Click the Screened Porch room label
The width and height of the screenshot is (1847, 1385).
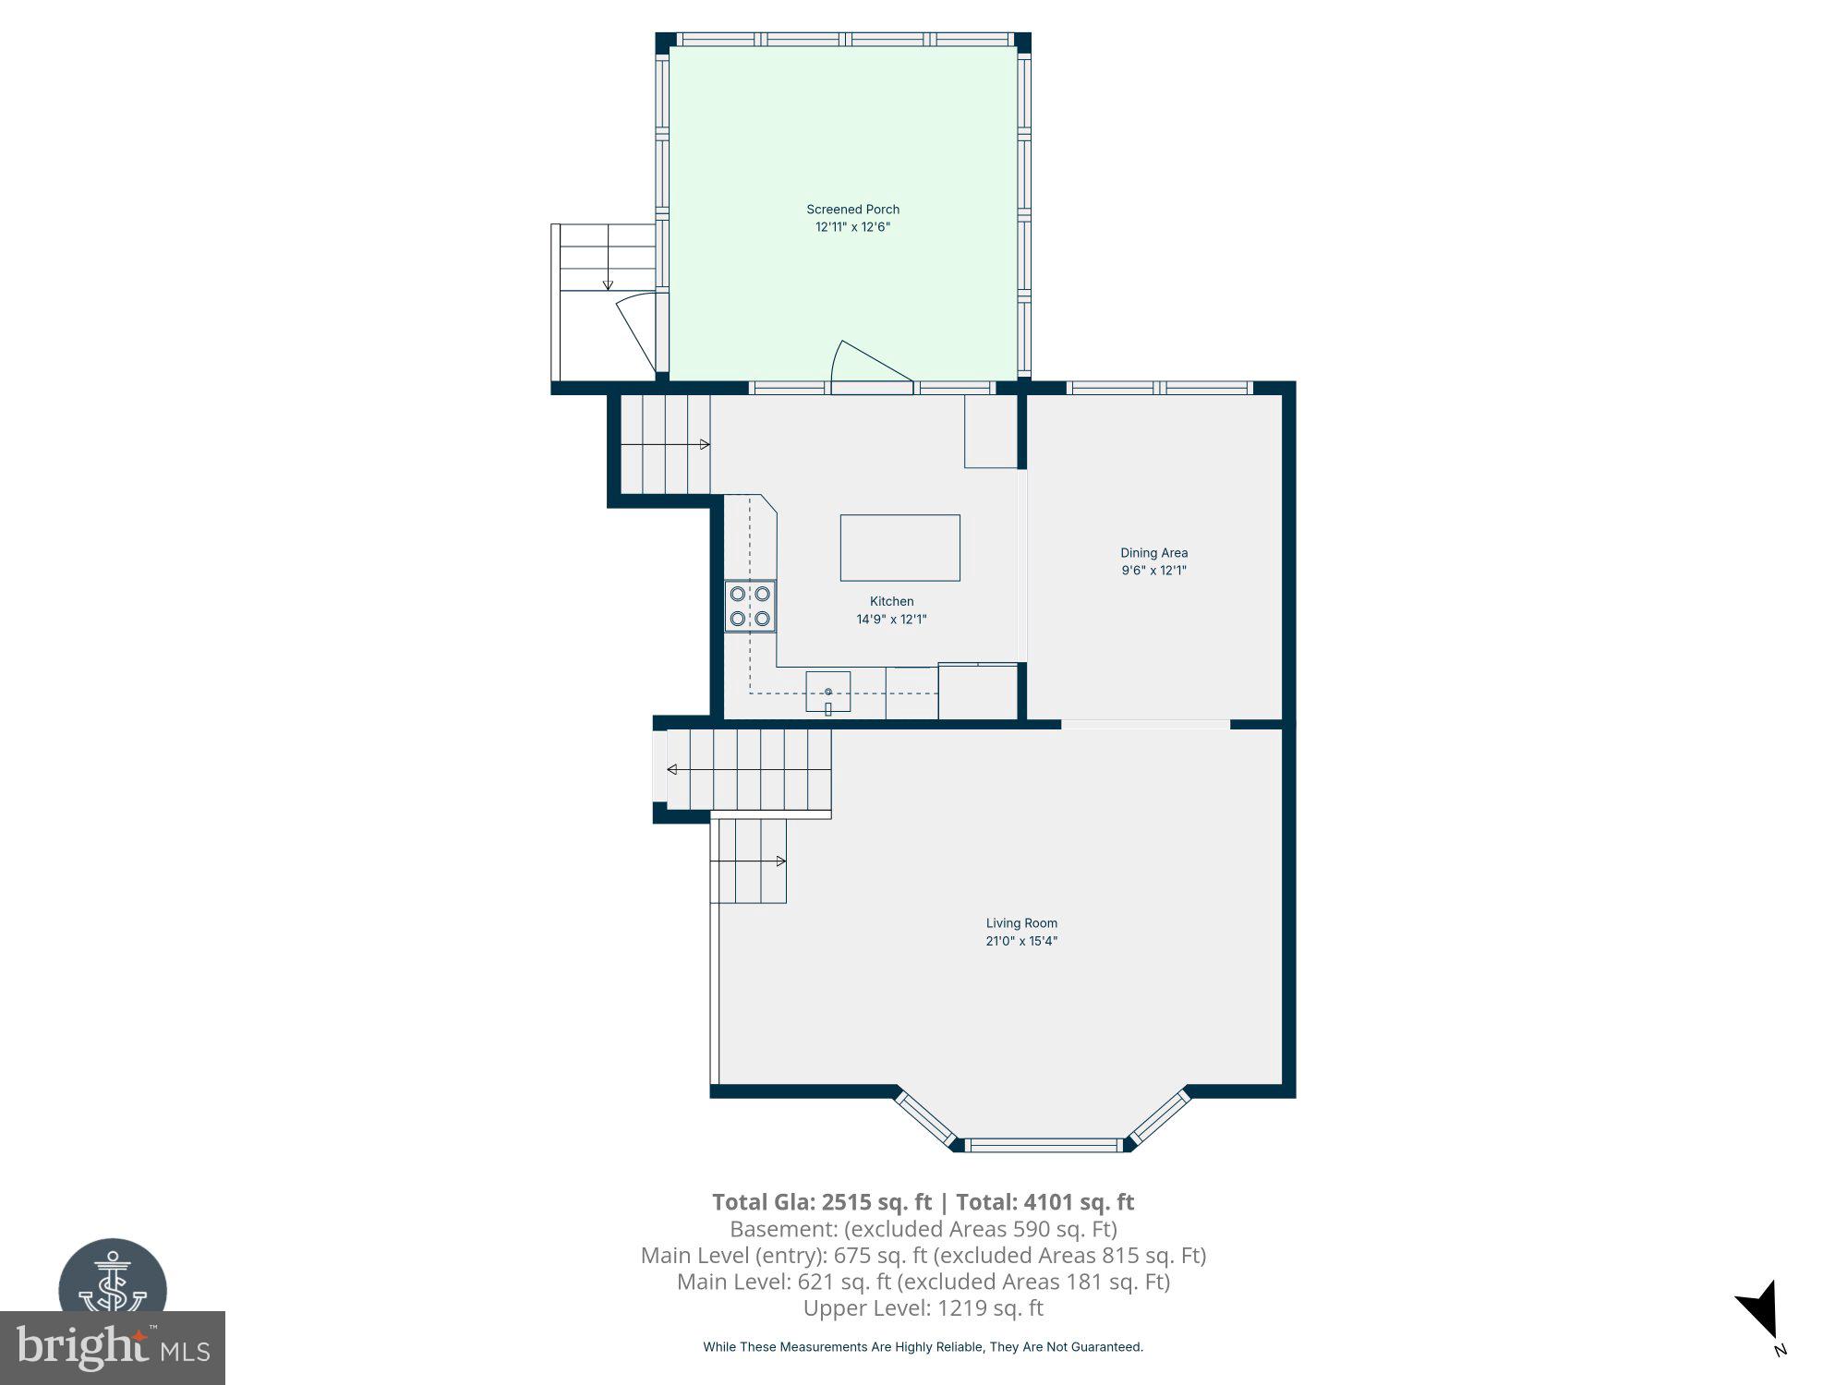click(x=852, y=210)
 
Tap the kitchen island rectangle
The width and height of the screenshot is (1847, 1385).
click(x=899, y=548)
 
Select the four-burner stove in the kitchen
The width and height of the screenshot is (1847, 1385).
click(x=750, y=606)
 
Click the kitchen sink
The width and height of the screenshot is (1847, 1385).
click(x=827, y=692)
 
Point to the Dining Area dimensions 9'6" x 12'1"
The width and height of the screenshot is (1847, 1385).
click(x=1153, y=571)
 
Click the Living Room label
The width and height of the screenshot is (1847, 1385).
click(x=1021, y=923)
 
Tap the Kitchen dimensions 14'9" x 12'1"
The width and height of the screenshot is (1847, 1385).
click(x=891, y=620)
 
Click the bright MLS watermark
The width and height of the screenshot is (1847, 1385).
click(x=113, y=1348)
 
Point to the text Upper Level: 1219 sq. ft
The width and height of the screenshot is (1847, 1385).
click(x=923, y=1308)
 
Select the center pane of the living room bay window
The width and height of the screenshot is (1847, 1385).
click(x=1045, y=1145)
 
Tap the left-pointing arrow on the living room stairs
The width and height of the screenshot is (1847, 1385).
click(x=672, y=769)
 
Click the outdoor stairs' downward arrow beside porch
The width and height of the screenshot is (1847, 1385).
click(x=608, y=284)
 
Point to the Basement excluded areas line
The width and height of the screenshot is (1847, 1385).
click(x=923, y=1229)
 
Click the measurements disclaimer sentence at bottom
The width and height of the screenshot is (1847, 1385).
click(x=923, y=1347)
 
